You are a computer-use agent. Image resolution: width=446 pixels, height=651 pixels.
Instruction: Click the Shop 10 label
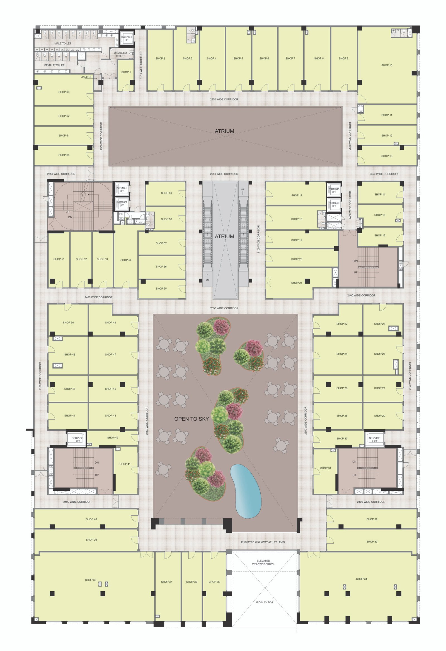click(387, 65)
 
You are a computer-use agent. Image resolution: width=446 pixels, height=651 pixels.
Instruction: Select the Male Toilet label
click(63, 43)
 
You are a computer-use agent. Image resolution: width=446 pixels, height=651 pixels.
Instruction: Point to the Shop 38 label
click(91, 580)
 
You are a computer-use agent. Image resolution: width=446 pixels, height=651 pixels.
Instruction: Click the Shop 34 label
click(361, 579)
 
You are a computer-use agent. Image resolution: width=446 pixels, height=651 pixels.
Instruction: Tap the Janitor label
click(87, 77)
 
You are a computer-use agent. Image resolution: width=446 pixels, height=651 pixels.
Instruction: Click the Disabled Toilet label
click(120, 54)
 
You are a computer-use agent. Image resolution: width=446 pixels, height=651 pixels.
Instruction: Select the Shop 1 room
click(125, 75)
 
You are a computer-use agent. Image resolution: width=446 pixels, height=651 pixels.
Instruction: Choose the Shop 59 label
click(166, 193)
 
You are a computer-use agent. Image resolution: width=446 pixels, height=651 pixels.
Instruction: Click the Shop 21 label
click(297, 283)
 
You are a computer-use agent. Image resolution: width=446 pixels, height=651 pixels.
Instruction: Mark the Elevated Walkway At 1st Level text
click(263, 542)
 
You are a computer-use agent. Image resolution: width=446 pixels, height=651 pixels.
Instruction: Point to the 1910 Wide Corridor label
click(141, 65)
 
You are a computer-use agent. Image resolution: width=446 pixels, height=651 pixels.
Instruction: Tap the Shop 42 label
click(113, 437)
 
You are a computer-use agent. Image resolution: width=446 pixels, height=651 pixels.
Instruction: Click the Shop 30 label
click(342, 438)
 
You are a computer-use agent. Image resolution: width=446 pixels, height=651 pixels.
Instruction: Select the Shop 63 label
click(64, 92)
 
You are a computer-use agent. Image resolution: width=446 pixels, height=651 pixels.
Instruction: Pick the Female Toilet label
click(54, 65)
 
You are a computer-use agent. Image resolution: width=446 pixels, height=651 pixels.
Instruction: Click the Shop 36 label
click(192, 582)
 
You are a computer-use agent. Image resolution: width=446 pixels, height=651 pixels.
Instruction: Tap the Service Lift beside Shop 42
click(77, 439)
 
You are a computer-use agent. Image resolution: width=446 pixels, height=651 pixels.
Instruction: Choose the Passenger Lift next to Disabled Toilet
click(126, 38)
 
